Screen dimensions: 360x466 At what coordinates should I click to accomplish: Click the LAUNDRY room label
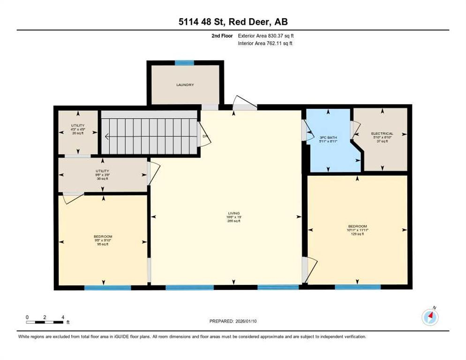(185, 85)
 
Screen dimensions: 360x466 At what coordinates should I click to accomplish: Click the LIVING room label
(233, 217)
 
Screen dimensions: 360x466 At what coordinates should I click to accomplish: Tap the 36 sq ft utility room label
(102, 174)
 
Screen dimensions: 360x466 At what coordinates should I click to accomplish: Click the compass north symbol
(430, 317)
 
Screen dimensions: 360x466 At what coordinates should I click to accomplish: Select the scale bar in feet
(45, 322)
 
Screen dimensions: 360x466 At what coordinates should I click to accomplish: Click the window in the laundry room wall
(184, 62)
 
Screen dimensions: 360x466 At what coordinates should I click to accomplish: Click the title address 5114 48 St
(233, 22)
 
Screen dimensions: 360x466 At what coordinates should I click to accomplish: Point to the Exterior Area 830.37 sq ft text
(266, 36)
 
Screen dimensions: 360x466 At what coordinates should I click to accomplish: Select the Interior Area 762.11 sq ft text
(265, 44)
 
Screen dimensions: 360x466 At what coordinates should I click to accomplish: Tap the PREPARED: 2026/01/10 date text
(233, 321)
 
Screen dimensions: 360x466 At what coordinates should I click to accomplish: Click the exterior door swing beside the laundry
(244, 103)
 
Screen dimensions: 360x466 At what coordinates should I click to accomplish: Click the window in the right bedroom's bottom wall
(354, 287)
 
